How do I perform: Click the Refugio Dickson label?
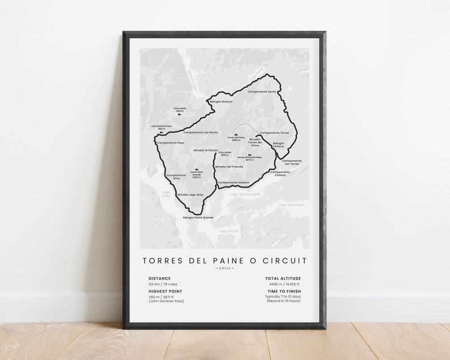[x=221, y=101]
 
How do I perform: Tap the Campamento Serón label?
[x=262, y=91]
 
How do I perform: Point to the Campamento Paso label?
[x=171, y=143]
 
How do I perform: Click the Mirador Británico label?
[x=206, y=150]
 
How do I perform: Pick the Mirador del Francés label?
[x=229, y=167]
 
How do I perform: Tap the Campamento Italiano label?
[x=234, y=183]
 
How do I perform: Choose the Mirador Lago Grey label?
[x=190, y=194]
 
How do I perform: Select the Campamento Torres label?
[x=274, y=133]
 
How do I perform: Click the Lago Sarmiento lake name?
[x=291, y=204]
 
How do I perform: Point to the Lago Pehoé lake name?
[x=229, y=231]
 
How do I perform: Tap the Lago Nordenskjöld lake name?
[x=245, y=194]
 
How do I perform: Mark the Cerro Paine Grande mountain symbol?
[x=197, y=170]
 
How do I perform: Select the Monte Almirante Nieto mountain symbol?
[x=249, y=154]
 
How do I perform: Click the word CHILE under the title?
[x=224, y=269]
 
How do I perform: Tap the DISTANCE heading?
[x=159, y=278]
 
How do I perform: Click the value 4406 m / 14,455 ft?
[x=286, y=284]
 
